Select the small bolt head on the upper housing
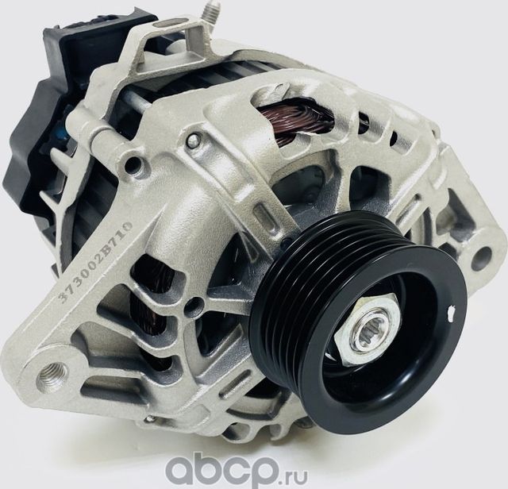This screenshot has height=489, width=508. pyautogui.click(x=192, y=141)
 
